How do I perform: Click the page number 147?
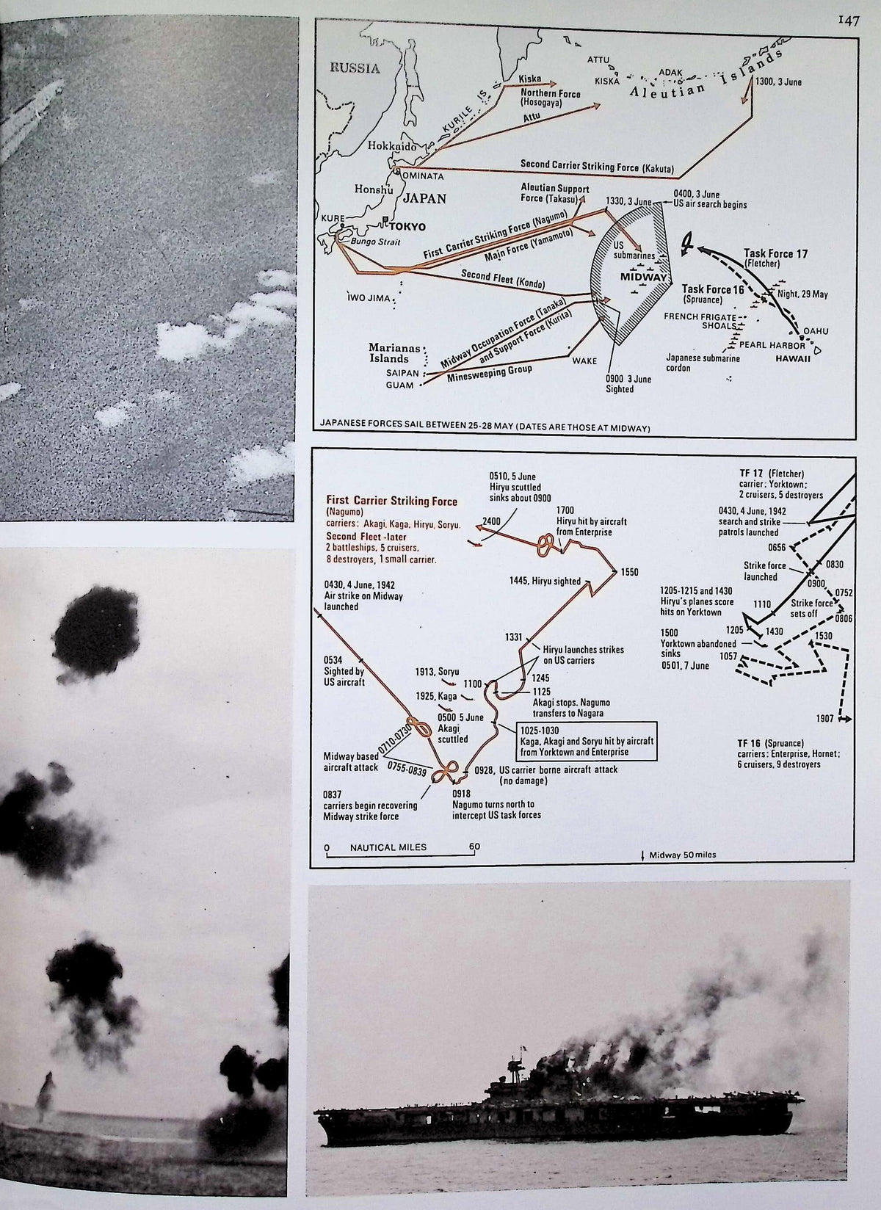[848, 21]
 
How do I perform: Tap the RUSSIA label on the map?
[355, 68]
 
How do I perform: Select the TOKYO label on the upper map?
[407, 226]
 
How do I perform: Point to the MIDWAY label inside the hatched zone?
[644, 277]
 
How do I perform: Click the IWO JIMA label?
[369, 297]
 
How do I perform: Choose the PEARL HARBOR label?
[772, 344]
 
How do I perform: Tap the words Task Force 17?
[776, 253]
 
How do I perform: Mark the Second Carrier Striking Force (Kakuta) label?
[598, 167]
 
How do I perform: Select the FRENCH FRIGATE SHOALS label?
[700, 321]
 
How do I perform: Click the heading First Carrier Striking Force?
[391, 501]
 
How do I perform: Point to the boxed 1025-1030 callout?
[586, 741]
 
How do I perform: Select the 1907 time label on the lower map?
[826, 718]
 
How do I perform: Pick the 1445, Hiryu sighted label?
[545, 582]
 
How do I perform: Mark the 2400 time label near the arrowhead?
[492, 521]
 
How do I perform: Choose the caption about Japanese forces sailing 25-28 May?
[485, 428]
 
